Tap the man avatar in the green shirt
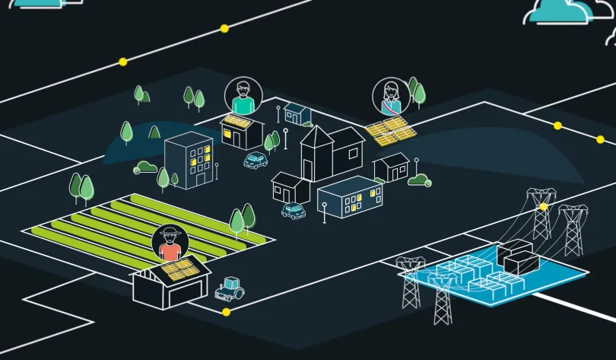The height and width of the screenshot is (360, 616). (243, 96)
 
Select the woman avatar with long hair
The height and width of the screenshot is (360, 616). (391, 97)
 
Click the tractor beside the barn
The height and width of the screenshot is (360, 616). (229, 288)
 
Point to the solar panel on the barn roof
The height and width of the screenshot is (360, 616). (180, 269)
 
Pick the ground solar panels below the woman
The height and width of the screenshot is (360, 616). (391, 131)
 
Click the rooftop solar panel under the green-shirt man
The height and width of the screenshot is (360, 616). (237, 121)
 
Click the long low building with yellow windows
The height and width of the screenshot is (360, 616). (350, 196)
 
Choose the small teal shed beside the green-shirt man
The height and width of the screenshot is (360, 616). (297, 113)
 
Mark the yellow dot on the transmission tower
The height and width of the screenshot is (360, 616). (543, 206)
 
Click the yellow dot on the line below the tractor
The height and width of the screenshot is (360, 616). (226, 312)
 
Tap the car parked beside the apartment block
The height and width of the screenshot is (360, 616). (256, 161)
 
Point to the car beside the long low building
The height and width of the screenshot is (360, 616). (293, 210)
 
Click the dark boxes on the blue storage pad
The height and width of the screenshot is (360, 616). (518, 256)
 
